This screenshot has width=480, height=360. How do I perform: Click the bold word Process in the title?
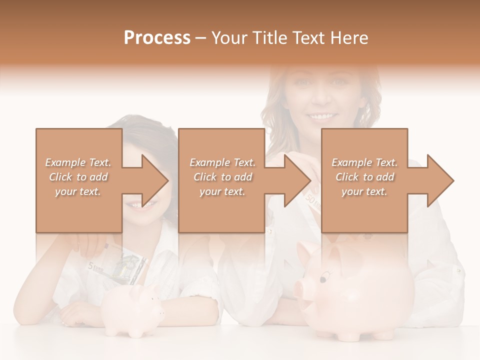pyautogui.click(x=157, y=37)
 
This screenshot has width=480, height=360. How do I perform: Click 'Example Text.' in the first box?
pyautogui.click(x=78, y=162)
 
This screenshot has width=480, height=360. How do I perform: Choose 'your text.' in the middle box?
pyautogui.click(x=222, y=191)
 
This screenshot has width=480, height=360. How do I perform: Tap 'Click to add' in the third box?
pyautogui.click(x=365, y=177)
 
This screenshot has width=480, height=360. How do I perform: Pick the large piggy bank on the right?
pyautogui.click(x=358, y=290)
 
